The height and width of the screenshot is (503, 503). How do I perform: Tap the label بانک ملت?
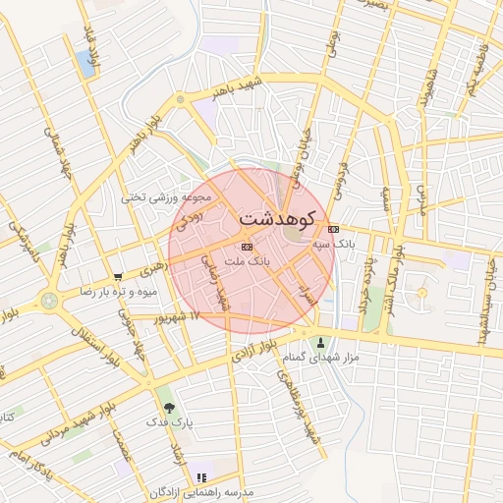pyautogui.click(x=247, y=262)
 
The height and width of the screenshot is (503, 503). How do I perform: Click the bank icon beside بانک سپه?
pyautogui.click(x=333, y=229)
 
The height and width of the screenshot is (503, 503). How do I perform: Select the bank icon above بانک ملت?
pyautogui.click(x=247, y=247)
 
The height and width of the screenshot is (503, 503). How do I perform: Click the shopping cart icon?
pyautogui.click(x=119, y=277)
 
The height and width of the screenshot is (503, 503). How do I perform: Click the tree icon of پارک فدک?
pyautogui.click(x=168, y=407)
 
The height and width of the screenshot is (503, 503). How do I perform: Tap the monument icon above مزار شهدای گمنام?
pyautogui.click(x=320, y=343)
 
